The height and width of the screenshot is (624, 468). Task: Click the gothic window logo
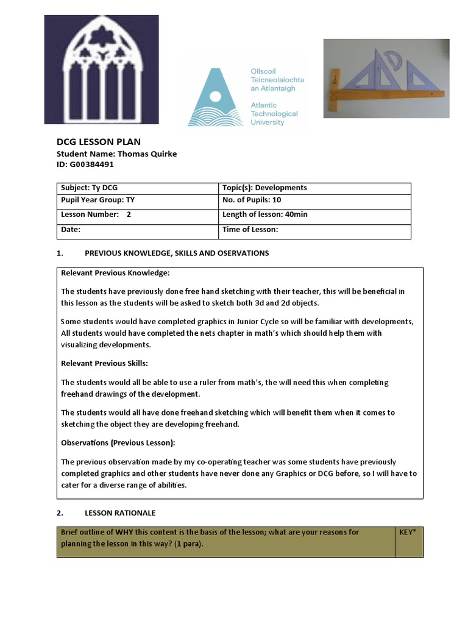point(101,69)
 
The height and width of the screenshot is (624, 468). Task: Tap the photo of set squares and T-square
point(386,78)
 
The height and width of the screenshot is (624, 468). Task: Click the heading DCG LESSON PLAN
point(98,142)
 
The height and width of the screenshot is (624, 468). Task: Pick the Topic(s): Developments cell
point(314,188)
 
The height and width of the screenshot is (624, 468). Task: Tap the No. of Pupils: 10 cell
point(314,200)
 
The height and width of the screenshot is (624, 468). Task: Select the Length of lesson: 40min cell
point(314,214)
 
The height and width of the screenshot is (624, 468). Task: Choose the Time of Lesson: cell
point(314,230)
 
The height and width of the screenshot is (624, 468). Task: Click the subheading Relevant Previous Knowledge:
point(115,272)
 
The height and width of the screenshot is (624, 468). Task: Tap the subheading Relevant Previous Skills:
point(104,363)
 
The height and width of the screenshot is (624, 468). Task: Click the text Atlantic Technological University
point(274,114)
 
